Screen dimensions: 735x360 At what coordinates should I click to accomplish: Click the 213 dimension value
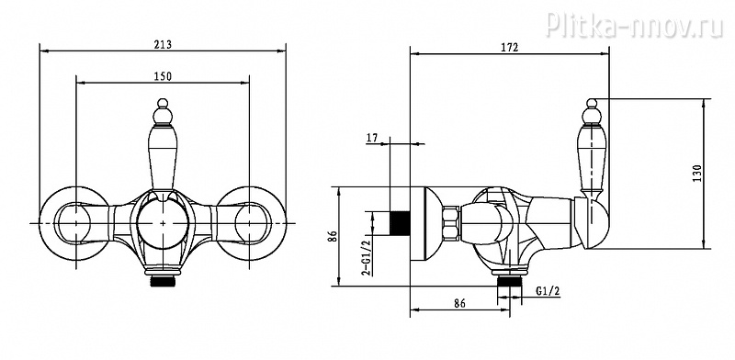[x=163, y=45]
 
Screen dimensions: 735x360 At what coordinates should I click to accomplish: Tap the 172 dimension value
[x=510, y=48]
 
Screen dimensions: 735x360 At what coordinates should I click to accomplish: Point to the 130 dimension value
[x=697, y=174]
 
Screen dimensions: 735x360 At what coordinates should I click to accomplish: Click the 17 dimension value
[x=372, y=138]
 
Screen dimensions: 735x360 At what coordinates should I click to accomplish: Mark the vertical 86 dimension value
[x=332, y=236]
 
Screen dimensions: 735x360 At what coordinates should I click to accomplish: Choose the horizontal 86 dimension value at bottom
[x=459, y=303]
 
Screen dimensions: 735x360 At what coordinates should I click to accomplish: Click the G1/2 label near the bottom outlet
[x=548, y=291]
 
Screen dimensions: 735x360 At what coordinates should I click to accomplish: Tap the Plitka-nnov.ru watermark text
[x=634, y=25]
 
